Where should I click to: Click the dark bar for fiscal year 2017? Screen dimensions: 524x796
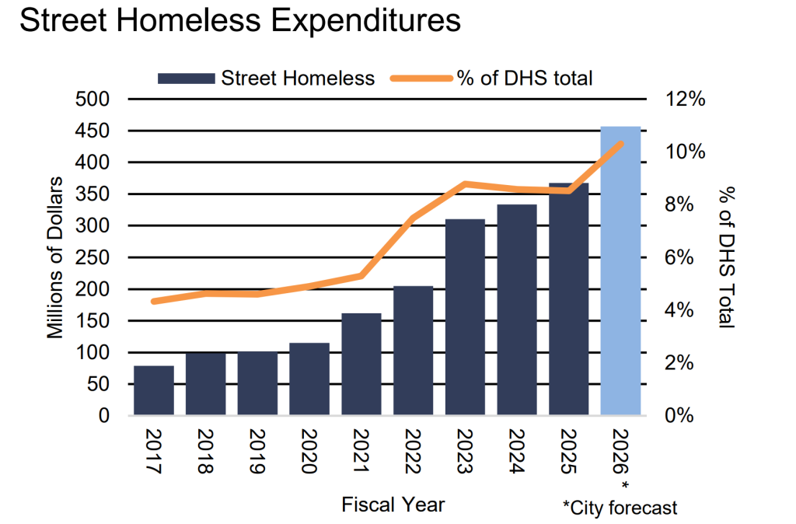click(x=153, y=390)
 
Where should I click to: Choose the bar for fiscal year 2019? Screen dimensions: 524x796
click(x=257, y=383)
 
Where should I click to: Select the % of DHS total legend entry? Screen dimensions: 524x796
click(x=498, y=78)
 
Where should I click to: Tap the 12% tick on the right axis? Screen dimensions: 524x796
click(x=685, y=100)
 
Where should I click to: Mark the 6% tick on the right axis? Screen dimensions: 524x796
click(x=681, y=257)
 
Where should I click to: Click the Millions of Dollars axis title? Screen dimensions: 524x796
click(x=55, y=257)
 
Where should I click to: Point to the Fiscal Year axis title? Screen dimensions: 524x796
click(x=393, y=505)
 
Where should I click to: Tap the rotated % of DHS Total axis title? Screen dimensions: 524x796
click(x=726, y=257)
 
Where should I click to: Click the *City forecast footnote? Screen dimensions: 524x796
click(x=620, y=508)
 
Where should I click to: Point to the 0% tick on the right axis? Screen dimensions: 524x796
click(x=681, y=415)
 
